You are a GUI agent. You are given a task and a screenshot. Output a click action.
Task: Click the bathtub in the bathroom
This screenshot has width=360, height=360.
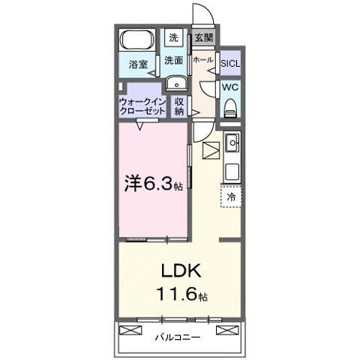pyautogui.click(x=137, y=40)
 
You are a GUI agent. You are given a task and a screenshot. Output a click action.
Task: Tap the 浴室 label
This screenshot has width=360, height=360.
pyautogui.click(x=138, y=64)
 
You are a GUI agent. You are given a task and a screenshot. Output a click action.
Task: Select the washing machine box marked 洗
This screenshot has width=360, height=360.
pyautogui.click(x=173, y=37)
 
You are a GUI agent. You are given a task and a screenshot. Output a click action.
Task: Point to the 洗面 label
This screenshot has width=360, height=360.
pyautogui.click(x=173, y=60)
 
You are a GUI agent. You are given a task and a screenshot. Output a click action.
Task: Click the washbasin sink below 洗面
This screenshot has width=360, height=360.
pyautogui.click(x=177, y=83)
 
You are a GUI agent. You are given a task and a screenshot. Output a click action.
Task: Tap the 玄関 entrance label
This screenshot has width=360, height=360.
pyautogui.click(x=204, y=37)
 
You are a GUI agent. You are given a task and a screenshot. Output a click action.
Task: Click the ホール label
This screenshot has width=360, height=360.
pyautogui.click(x=203, y=60)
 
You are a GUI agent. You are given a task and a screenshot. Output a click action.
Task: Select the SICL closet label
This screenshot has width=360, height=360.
pyautogui.click(x=230, y=64)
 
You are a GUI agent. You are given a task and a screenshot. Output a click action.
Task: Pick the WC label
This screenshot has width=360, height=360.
pyautogui.click(x=230, y=88)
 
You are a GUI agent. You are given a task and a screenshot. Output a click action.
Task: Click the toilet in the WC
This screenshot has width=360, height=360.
pyautogui.click(x=230, y=108)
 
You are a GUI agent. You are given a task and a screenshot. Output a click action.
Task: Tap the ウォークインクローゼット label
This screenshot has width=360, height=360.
pyautogui.click(x=142, y=106)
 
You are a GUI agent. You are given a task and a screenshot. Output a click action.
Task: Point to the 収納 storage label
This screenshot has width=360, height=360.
pyautogui.click(x=179, y=106)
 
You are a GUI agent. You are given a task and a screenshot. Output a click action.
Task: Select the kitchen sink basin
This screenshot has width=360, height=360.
pyautogui.click(x=232, y=142)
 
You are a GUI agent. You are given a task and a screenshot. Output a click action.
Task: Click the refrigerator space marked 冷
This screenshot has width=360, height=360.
pyautogui.click(x=231, y=196)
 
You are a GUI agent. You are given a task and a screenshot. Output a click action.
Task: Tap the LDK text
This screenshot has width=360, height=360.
pyautogui.click(x=181, y=271)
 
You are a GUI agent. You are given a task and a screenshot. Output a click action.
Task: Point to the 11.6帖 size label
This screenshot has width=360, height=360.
pyautogui.click(x=181, y=294)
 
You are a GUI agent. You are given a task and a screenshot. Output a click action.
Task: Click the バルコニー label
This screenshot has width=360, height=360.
pyautogui.click(x=178, y=337)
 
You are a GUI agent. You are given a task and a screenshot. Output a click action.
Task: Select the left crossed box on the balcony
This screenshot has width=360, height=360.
pyautogui.click(x=130, y=330)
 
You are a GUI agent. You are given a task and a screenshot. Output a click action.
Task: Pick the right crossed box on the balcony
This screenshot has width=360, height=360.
pyautogui.click(x=227, y=330)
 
